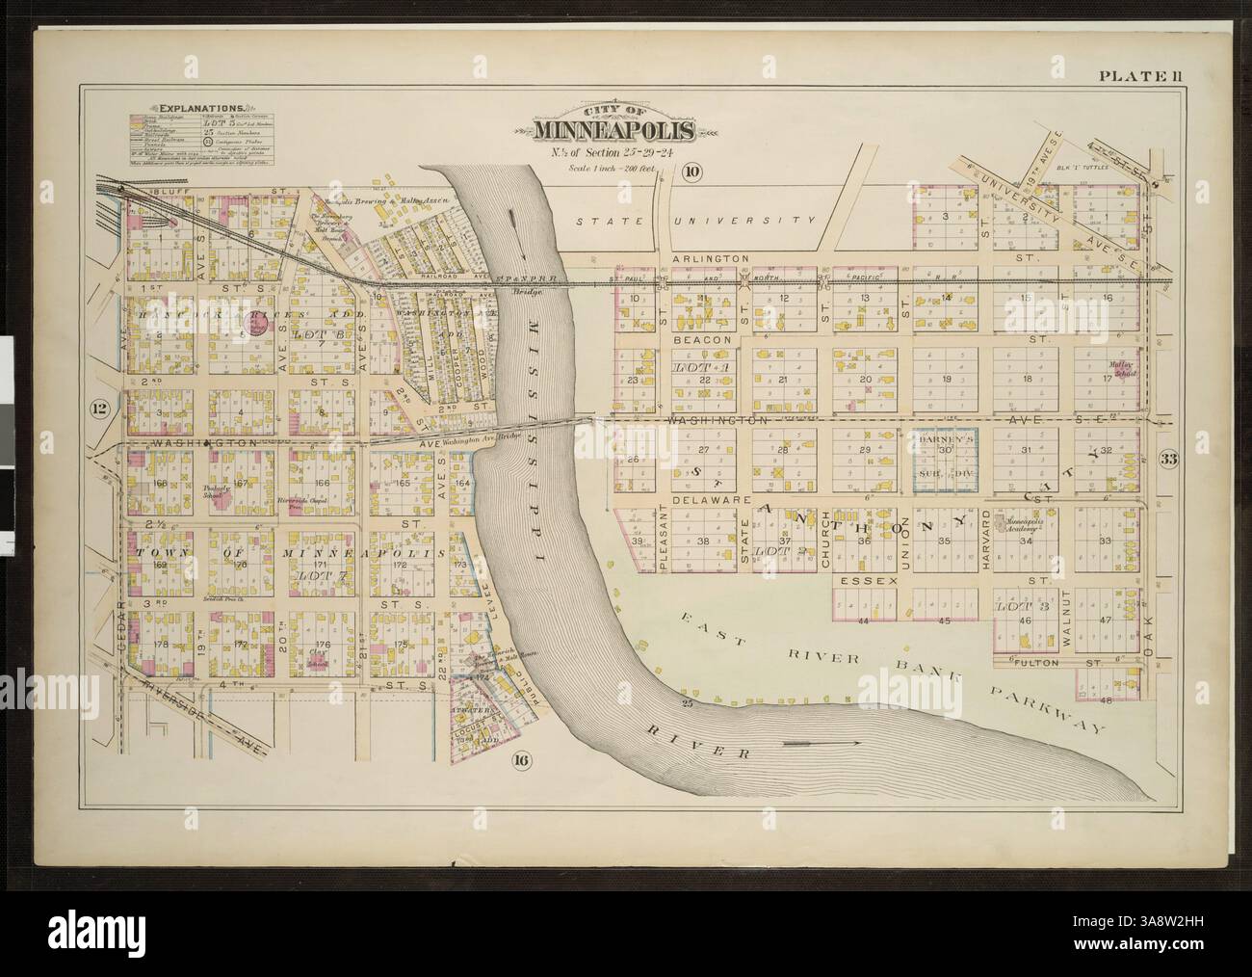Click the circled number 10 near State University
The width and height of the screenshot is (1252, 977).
pyautogui.click(x=692, y=172)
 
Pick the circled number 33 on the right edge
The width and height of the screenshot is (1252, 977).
pyautogui.click(x=1168, y=459)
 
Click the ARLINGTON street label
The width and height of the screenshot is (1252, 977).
pyautogui.click(x=711, y=259)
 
